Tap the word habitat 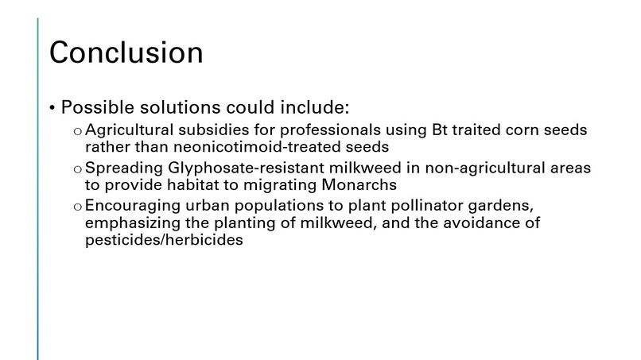click(190, 185)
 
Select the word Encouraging click(130, 207)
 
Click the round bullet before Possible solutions click(52, 108)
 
